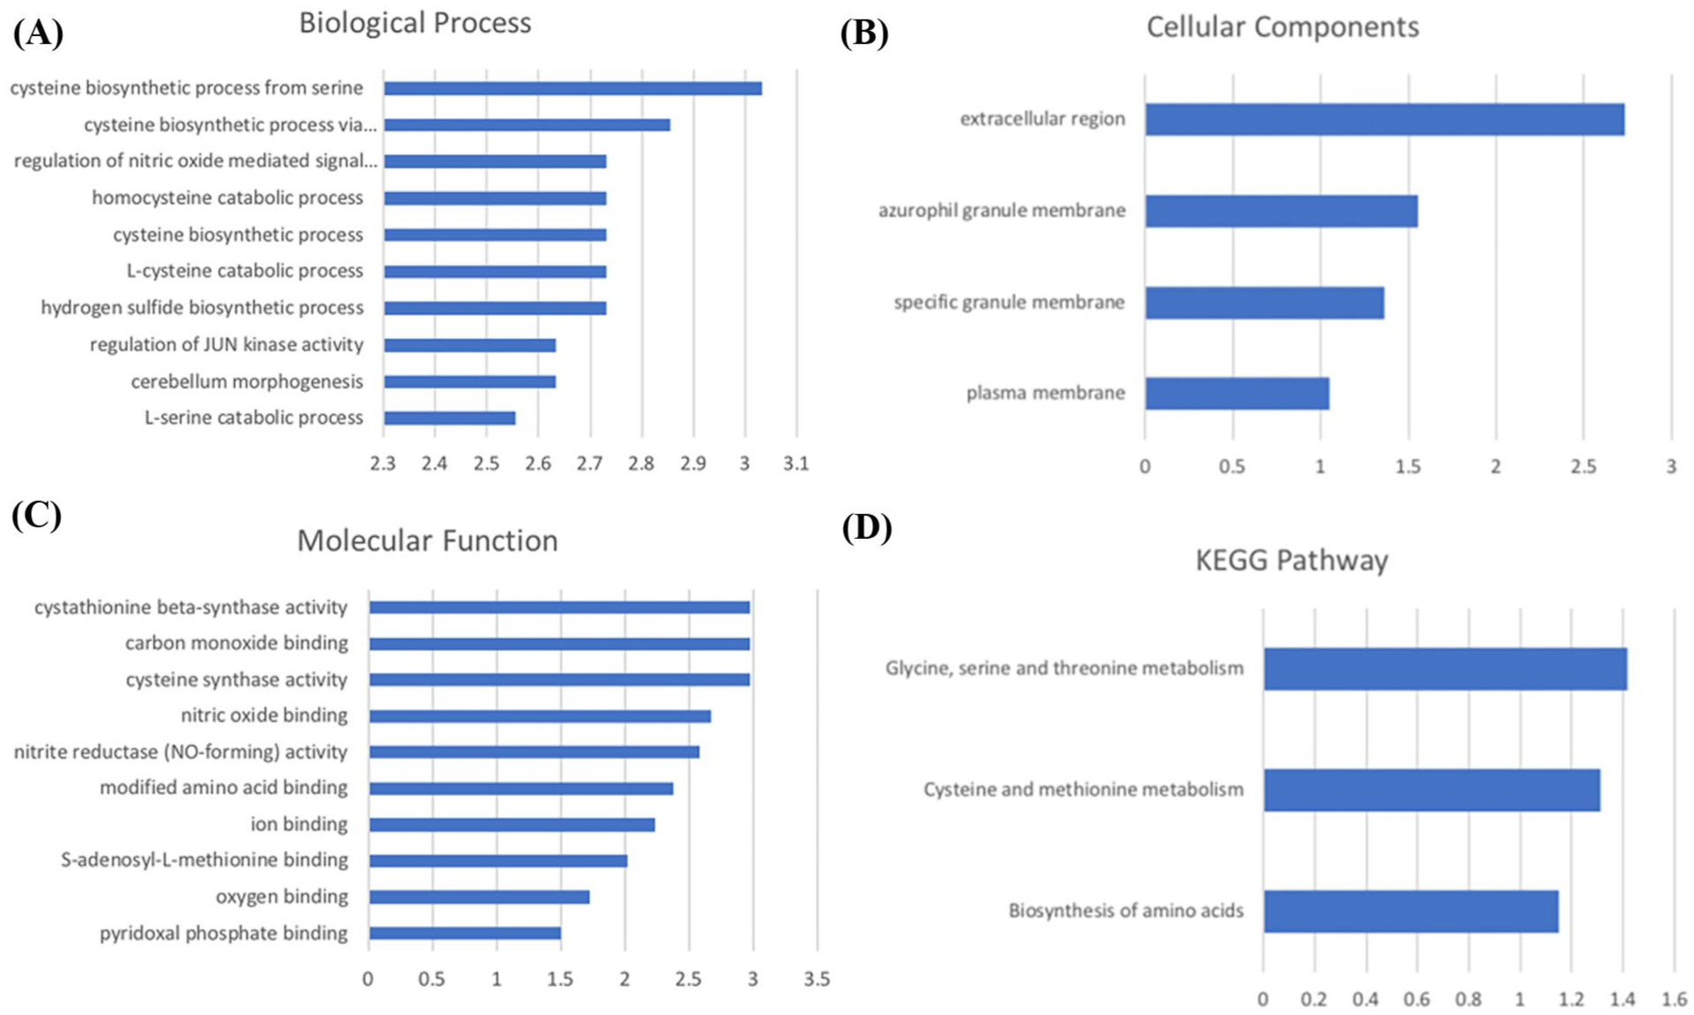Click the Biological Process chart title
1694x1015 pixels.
click(x=415, y=23)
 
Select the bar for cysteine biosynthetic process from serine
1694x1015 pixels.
click(x=572, y=88)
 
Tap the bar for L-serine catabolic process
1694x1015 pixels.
click(x=449, y=419)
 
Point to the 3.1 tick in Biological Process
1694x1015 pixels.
click(x=796, y=464)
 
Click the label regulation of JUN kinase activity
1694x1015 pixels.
click(x=226, y=344)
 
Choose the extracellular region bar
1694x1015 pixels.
click(x=1384, y=119)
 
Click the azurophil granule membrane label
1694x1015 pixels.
click(x=1001, y=211)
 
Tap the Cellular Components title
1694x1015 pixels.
click(x=1282, y=27)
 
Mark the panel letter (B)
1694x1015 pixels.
click(x=863, y=33)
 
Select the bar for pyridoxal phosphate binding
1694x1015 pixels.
click(x=464, y=934)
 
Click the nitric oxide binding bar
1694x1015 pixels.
click(x=540, y=716)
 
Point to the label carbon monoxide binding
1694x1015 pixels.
click(x=236, y=643)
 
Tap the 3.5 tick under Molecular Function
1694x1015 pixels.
click(x=816, y=980)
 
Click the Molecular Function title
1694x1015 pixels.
click(x=427, y=541)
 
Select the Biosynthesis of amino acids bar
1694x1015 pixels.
click(x=1411, y=911)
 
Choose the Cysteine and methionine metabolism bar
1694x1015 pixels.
click(x=1431, y=790)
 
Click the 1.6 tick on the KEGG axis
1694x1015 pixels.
click(x=1674, y=1000)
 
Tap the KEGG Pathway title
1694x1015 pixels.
click(x=1292, y=560)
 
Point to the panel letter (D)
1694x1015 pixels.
click(x=866, y=527)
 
